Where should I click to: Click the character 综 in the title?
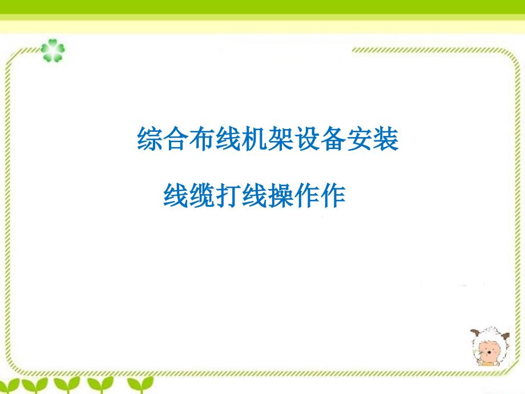pos(150,138)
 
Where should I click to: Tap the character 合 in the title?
pos(176,138)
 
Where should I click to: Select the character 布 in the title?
pos(202,138)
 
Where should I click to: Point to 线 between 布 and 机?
pos(228,138)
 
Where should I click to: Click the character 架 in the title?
pos(281,138)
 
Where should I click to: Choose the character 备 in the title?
pos(333,138)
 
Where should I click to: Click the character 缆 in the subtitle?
pos(202,195)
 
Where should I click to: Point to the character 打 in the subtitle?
pos(228,195)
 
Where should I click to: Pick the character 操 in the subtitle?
pos(281,195)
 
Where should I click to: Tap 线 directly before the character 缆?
pos(176,195)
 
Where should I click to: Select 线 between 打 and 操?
pos(255,195)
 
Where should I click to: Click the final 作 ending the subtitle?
pos(333,195)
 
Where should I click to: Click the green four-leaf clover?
pos(52,51)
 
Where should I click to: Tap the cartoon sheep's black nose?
pos(490,352)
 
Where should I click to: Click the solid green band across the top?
pos(262,7)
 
